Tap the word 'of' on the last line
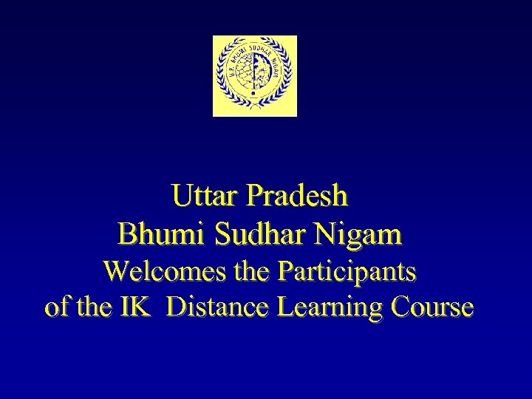coord(55,307)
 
